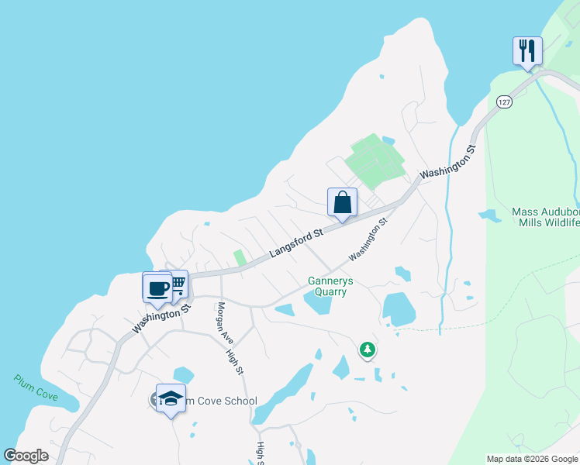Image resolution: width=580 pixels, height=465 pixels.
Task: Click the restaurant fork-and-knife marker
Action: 527,51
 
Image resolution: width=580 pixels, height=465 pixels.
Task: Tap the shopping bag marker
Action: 342,203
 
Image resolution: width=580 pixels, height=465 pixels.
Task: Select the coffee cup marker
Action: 157,288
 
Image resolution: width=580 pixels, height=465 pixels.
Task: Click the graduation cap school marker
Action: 171,399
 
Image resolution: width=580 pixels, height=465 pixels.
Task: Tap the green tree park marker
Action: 368,350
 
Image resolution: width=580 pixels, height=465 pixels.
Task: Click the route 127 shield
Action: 504,102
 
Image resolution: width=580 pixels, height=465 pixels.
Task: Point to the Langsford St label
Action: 296,244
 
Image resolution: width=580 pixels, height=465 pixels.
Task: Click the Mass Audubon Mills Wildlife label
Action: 545,217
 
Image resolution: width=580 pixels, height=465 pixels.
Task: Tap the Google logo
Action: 26,456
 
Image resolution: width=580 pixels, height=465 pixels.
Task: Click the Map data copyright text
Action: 532,459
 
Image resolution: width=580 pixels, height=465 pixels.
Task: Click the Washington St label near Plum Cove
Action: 162,318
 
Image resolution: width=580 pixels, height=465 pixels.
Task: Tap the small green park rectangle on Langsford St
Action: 240,257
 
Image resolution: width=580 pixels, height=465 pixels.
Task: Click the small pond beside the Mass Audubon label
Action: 489,215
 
